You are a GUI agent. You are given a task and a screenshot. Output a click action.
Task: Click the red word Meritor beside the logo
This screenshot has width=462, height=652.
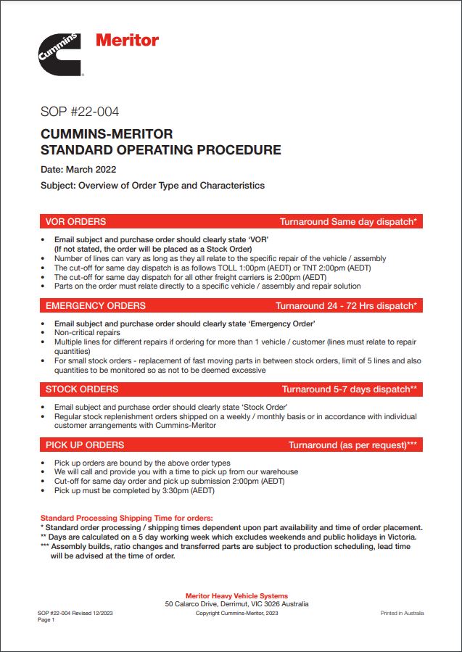click(127, 40)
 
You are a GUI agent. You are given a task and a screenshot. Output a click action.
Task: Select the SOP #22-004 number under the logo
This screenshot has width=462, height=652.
click(79, 112)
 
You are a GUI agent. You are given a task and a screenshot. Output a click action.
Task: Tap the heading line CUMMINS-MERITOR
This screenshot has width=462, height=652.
click(107, 134)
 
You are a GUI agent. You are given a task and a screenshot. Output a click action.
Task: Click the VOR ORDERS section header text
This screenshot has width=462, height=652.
click(75, 221)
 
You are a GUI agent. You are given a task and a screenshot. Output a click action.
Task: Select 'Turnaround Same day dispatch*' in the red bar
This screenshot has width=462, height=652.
click(348, 221)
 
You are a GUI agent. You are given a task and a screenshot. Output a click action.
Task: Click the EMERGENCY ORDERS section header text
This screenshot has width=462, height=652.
click(95, 305)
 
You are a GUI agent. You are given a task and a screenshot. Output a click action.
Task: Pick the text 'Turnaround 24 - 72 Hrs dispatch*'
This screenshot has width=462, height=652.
click(346, 305)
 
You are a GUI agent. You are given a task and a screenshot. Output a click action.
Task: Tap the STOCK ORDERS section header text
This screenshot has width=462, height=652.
click(81, 389)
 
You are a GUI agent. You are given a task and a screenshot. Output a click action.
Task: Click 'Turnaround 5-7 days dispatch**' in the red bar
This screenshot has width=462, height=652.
click(350, 389)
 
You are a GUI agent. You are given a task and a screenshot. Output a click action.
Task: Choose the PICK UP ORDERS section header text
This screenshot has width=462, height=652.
click(85, 445)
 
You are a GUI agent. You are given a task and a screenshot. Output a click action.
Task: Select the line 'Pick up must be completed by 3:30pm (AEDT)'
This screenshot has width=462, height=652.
click(134, 490)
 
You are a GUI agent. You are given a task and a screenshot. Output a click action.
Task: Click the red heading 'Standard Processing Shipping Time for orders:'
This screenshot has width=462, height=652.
click(127, 518)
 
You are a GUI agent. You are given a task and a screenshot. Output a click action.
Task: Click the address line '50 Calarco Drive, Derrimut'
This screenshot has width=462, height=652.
click(236, 603)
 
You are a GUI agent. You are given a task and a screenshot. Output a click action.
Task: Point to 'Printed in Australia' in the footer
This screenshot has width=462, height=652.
click(403, 613)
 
